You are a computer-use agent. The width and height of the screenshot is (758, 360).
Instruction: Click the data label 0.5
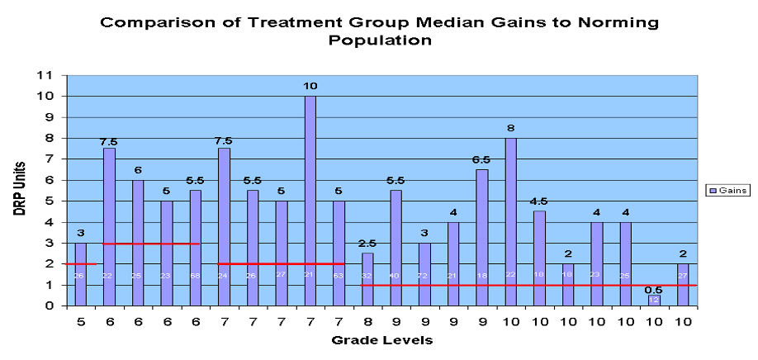[x=654, y=289]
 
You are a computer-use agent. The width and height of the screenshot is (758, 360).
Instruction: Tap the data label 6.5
[x=481, y=162]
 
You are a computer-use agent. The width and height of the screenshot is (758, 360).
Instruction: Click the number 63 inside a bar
[x=339, y=276]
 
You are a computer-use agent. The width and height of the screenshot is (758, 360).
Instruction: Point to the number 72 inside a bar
[x=424, y=276]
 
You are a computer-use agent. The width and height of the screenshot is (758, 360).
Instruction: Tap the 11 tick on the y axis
[x=50, y=75]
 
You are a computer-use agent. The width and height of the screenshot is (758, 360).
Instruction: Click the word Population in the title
[x=379, y=40]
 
